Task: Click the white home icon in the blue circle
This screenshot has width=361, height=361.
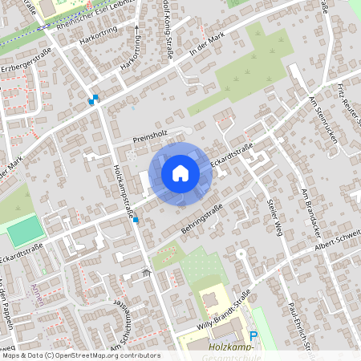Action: (x=180, y=172)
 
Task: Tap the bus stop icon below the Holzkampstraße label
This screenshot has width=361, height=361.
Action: (x=136, y=220)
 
